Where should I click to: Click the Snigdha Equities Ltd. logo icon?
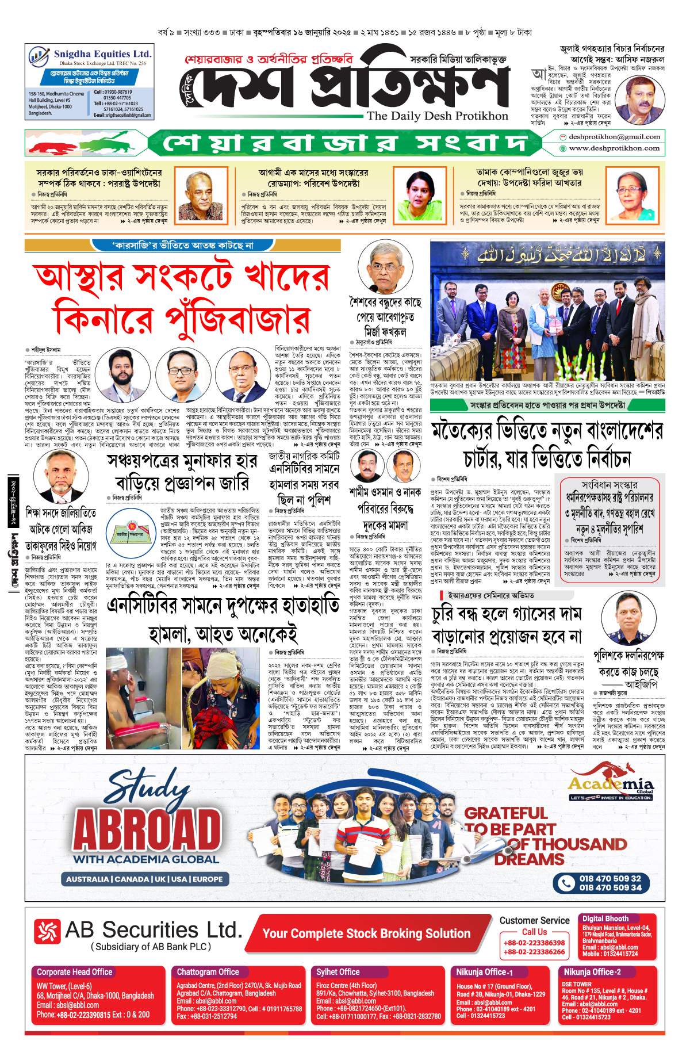click(x=39, y=57)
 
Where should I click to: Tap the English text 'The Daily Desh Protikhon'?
click(x=438, y=116)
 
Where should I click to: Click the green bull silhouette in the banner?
click(x=112, y=141)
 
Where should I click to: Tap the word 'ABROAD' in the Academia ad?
click(x=147, y=830)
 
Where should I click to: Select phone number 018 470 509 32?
click(x=609, y=878)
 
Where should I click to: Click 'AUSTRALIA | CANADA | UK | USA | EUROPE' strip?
click(x=144, y=879)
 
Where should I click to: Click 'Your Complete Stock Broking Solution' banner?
click(x=366, y=933)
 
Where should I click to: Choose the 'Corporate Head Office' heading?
click(x=75, y=971)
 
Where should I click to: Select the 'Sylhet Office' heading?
click(x=338, y=971)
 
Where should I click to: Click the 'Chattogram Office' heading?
click(x=208, y=971)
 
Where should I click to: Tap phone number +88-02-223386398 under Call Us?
click(x=534, y=943)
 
